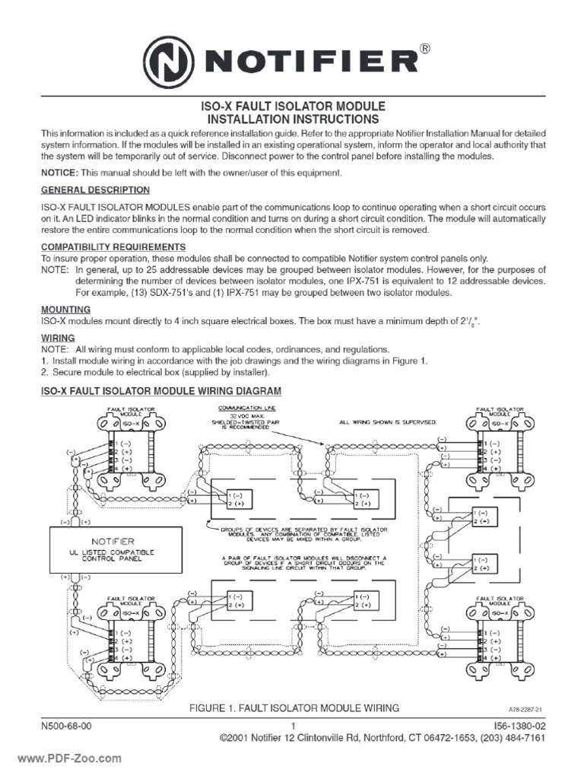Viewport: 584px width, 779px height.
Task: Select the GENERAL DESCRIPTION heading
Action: [x=95, y=190]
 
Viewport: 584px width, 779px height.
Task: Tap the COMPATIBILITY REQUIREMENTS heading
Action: [x=113, y=247]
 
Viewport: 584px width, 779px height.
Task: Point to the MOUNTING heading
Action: [x=65, y=310]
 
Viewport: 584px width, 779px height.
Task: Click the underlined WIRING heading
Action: [x=58, y=337]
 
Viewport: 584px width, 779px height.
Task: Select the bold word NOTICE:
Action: [x=59, y=173]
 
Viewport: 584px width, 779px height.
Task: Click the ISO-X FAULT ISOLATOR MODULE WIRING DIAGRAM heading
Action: [x=160, y=391]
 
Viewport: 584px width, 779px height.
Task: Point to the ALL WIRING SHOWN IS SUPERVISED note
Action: [x=388, y=421]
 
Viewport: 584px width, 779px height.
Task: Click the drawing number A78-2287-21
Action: [x=525, y=708]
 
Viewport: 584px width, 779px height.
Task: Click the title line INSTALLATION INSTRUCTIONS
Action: [x=293, y=120]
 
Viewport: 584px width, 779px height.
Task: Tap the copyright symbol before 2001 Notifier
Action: [x=224, y=739]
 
